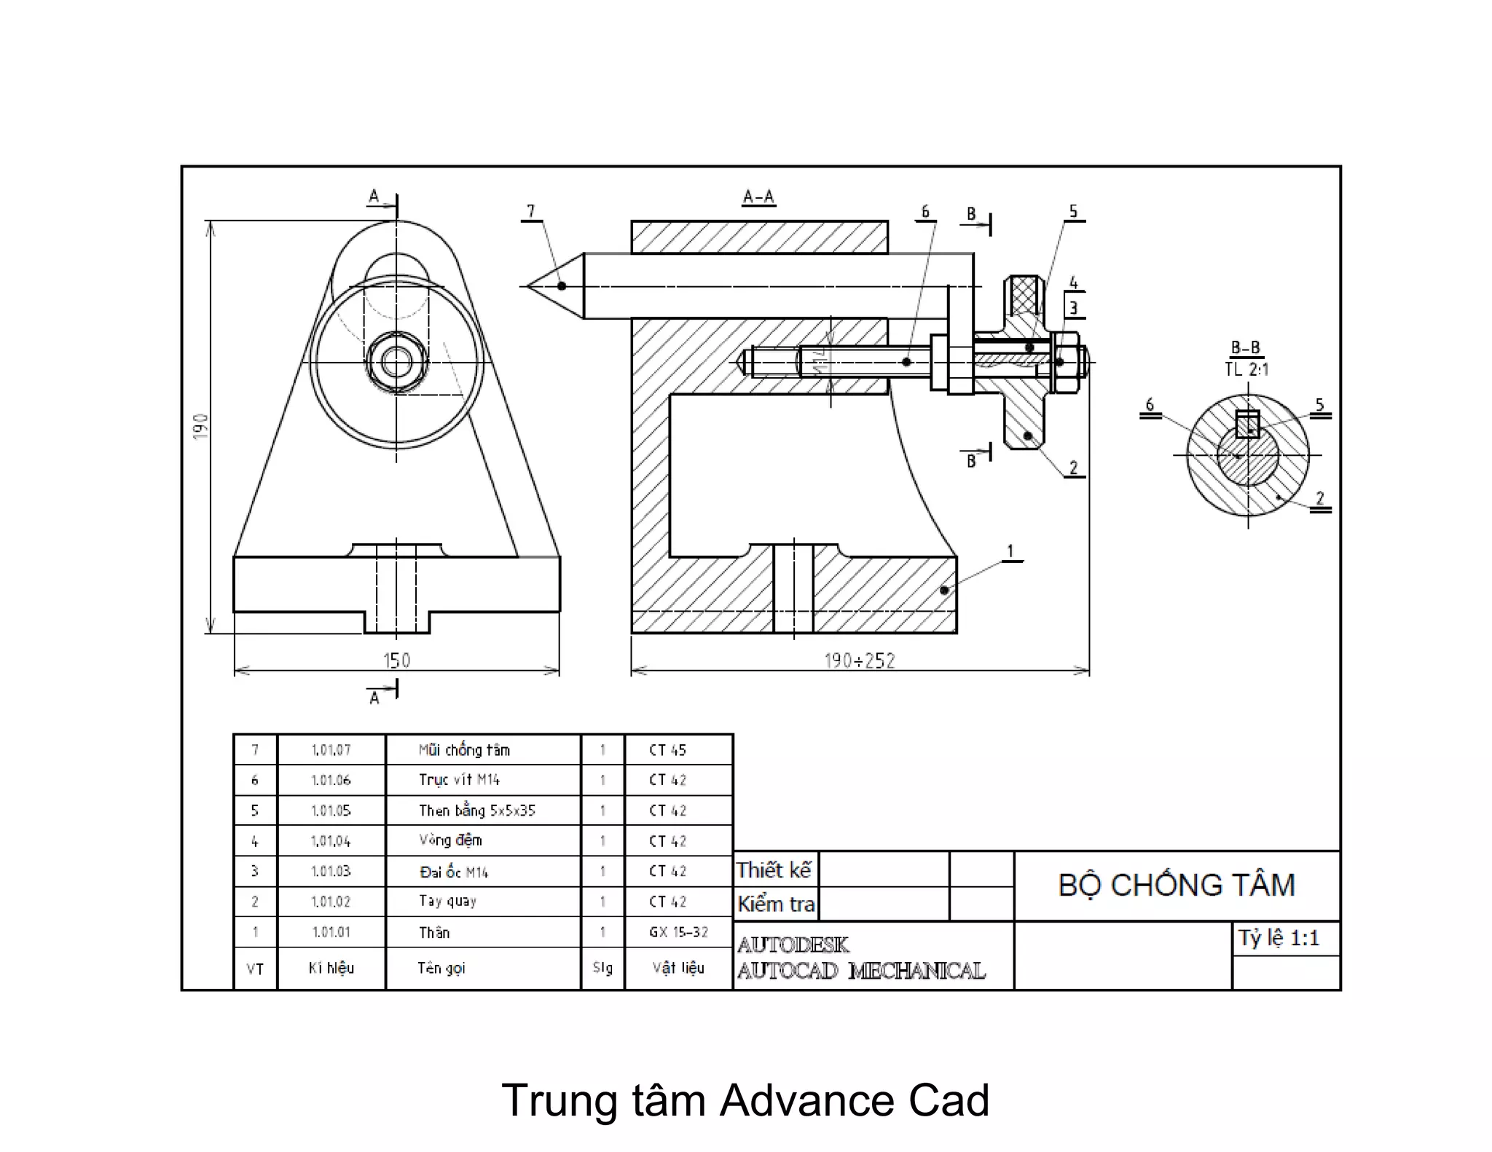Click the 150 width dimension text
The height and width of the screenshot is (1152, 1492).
397,660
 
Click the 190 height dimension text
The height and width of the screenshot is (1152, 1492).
201,426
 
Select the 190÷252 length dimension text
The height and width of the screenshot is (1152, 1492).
860,660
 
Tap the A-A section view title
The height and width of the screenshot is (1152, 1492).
758,197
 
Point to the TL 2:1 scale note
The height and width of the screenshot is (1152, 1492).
1246,369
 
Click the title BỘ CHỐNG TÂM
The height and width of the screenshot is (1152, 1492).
1177,885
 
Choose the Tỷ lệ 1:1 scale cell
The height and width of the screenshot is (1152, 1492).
1279,938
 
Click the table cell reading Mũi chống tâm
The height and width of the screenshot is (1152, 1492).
464,750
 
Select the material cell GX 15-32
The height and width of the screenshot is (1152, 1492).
678,932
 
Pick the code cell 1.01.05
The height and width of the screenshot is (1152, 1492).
331,810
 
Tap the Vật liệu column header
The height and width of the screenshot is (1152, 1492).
678,968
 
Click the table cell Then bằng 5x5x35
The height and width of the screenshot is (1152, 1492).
476,810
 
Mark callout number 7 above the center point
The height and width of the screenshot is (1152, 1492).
531,211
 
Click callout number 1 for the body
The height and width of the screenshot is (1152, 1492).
1010,551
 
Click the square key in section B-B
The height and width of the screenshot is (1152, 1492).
1248,424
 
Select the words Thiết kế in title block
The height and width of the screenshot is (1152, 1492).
774,870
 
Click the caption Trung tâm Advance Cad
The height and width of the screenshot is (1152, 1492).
745,1100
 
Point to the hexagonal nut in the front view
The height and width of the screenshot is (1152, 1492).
396,362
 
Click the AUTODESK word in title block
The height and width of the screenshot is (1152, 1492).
793,945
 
